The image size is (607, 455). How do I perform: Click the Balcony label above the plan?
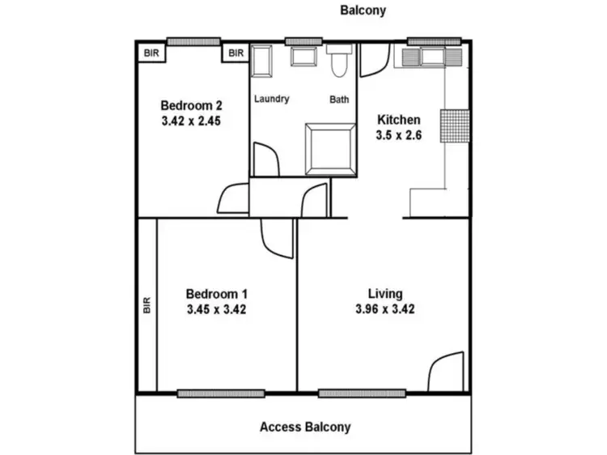point(363,11)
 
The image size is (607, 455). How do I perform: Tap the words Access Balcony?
point(305,427)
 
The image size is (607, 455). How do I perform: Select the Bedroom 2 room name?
point(191,105)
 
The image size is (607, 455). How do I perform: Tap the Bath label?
point(339,100)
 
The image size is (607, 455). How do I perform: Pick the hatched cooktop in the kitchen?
point(455,125)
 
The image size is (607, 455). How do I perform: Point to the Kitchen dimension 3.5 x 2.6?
point(399,135)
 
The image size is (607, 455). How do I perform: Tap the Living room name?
point(384,293)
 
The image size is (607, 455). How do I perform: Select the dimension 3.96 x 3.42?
point(384,308)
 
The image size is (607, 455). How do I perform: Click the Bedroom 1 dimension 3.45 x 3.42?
point(216,308)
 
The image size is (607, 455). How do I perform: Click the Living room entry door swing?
point(446,372)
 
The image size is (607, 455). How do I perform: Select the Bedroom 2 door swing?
point(234,198)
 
